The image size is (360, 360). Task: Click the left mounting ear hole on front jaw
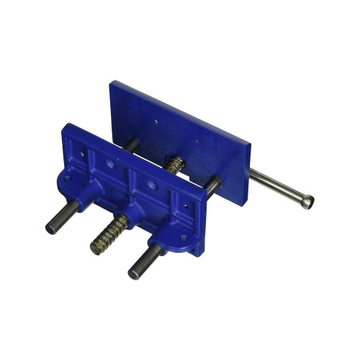67,176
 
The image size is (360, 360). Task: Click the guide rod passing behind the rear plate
214,184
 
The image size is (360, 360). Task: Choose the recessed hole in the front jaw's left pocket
109,164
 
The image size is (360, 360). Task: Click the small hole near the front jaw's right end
188,205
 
